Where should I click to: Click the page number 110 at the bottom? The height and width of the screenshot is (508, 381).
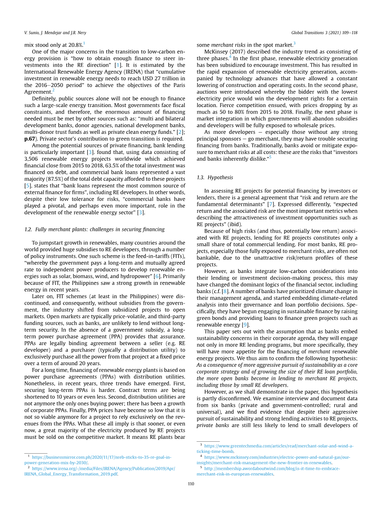coord(191,484)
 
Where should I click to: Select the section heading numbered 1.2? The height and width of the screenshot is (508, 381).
coord(94,229)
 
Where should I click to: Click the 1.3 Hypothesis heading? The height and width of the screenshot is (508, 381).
coord(215,177)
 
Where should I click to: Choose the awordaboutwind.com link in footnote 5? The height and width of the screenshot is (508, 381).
coord(272,468)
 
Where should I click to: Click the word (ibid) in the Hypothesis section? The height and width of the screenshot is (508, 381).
coord(235,224)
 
